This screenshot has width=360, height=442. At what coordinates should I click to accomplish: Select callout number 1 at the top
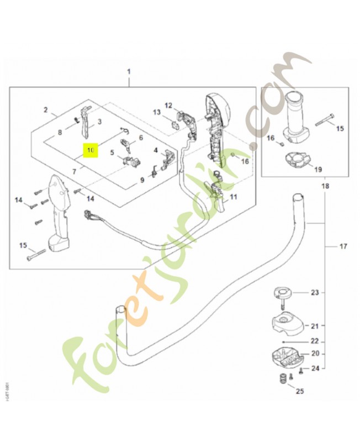click(x=129, y=72)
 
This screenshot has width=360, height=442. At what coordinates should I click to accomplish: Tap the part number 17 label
click(x=343, y=246)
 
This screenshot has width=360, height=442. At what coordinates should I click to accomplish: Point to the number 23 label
click(x=315, y=293)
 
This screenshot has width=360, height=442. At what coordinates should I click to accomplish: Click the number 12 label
click(x=168, y=105)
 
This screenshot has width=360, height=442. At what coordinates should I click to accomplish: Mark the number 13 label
click(x=157, y=112)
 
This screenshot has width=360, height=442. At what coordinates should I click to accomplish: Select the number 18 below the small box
click(x=325, y=186)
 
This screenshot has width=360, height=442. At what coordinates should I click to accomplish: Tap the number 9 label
click(x=141, y=180)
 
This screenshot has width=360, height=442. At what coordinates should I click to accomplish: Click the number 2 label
click(x=46, y=109)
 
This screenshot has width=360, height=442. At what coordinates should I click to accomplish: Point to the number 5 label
click(x=112, y=153)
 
